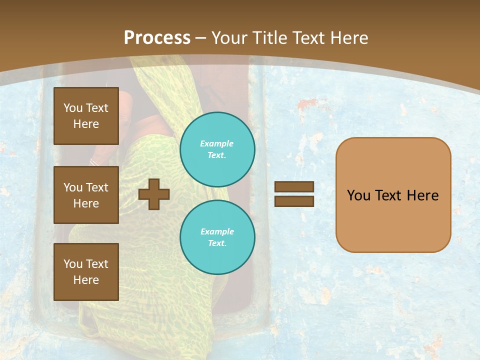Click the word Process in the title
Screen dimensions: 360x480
coord(157,38)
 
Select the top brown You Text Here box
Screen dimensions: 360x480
coord(86,116)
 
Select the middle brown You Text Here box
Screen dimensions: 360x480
coord(86,195)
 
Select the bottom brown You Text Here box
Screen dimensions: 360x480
coord(86,272)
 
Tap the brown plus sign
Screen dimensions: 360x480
coord(154,194)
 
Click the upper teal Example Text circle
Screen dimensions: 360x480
coord(217,149)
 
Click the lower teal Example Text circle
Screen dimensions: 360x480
coord(217,237)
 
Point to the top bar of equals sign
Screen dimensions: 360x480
coord(294,187)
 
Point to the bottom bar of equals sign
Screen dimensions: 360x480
coord(294,201)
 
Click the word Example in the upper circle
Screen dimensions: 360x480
coord(217,143)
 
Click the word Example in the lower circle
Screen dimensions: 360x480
coord(217,231)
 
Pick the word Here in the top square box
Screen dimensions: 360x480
coord(86,124)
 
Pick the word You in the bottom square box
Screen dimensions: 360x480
coord(73,264)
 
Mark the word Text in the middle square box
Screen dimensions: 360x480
coord(96,187)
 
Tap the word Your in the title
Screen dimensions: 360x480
coord(228,38)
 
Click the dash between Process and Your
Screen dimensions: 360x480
coord(201,38)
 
